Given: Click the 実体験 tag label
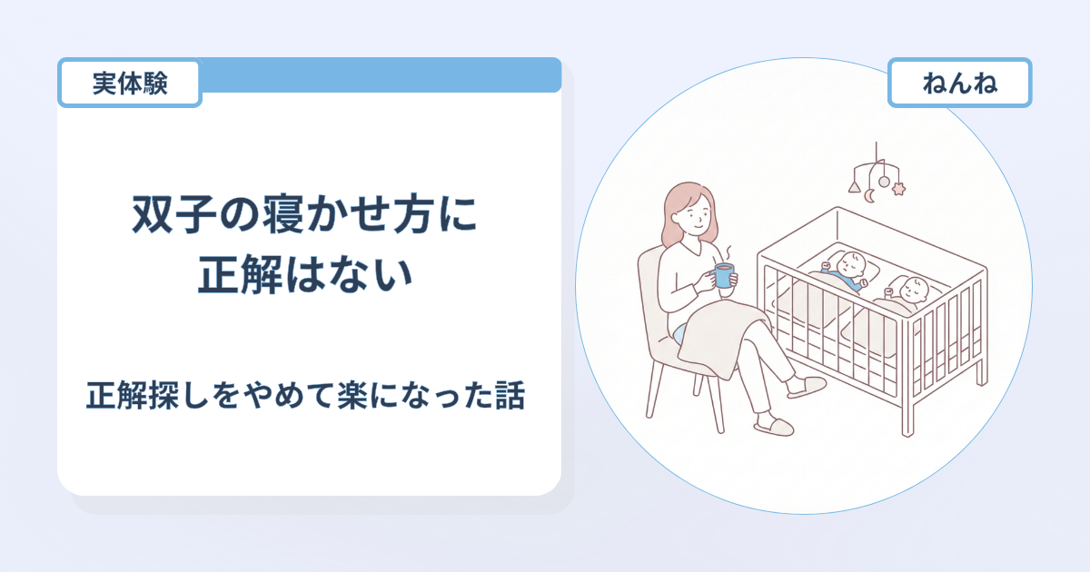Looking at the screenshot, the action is click(x=129, y=83).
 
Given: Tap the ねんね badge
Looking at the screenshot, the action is click(x=959, y=83).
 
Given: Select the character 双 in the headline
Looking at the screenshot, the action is click(x=153, y=214).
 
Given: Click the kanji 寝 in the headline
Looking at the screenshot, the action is click(x=283, y=214).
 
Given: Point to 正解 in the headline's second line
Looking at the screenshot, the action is click(x=240, y=274).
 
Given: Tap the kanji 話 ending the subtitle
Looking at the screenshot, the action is click(x=510, y=395).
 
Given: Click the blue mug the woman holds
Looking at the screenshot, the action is click(x=722, y=275).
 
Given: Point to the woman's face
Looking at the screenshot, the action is click(x=697, y=215).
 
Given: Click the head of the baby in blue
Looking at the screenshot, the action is click(x=852, y=264).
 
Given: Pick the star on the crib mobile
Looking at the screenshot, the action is click(x=898, y=188).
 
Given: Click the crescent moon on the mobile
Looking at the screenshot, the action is click(x=869, y=195).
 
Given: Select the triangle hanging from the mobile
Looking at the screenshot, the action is click(x=855, y=187).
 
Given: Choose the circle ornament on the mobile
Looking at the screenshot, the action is click(x=884, y=182).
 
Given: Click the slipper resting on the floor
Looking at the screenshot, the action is click(x=774, y=427).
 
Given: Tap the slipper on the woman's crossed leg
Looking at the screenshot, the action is click(x=807, y=387).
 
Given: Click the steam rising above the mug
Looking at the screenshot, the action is click(x=728, y=254).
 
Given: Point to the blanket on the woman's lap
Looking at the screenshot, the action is click(x=724, y=336).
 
